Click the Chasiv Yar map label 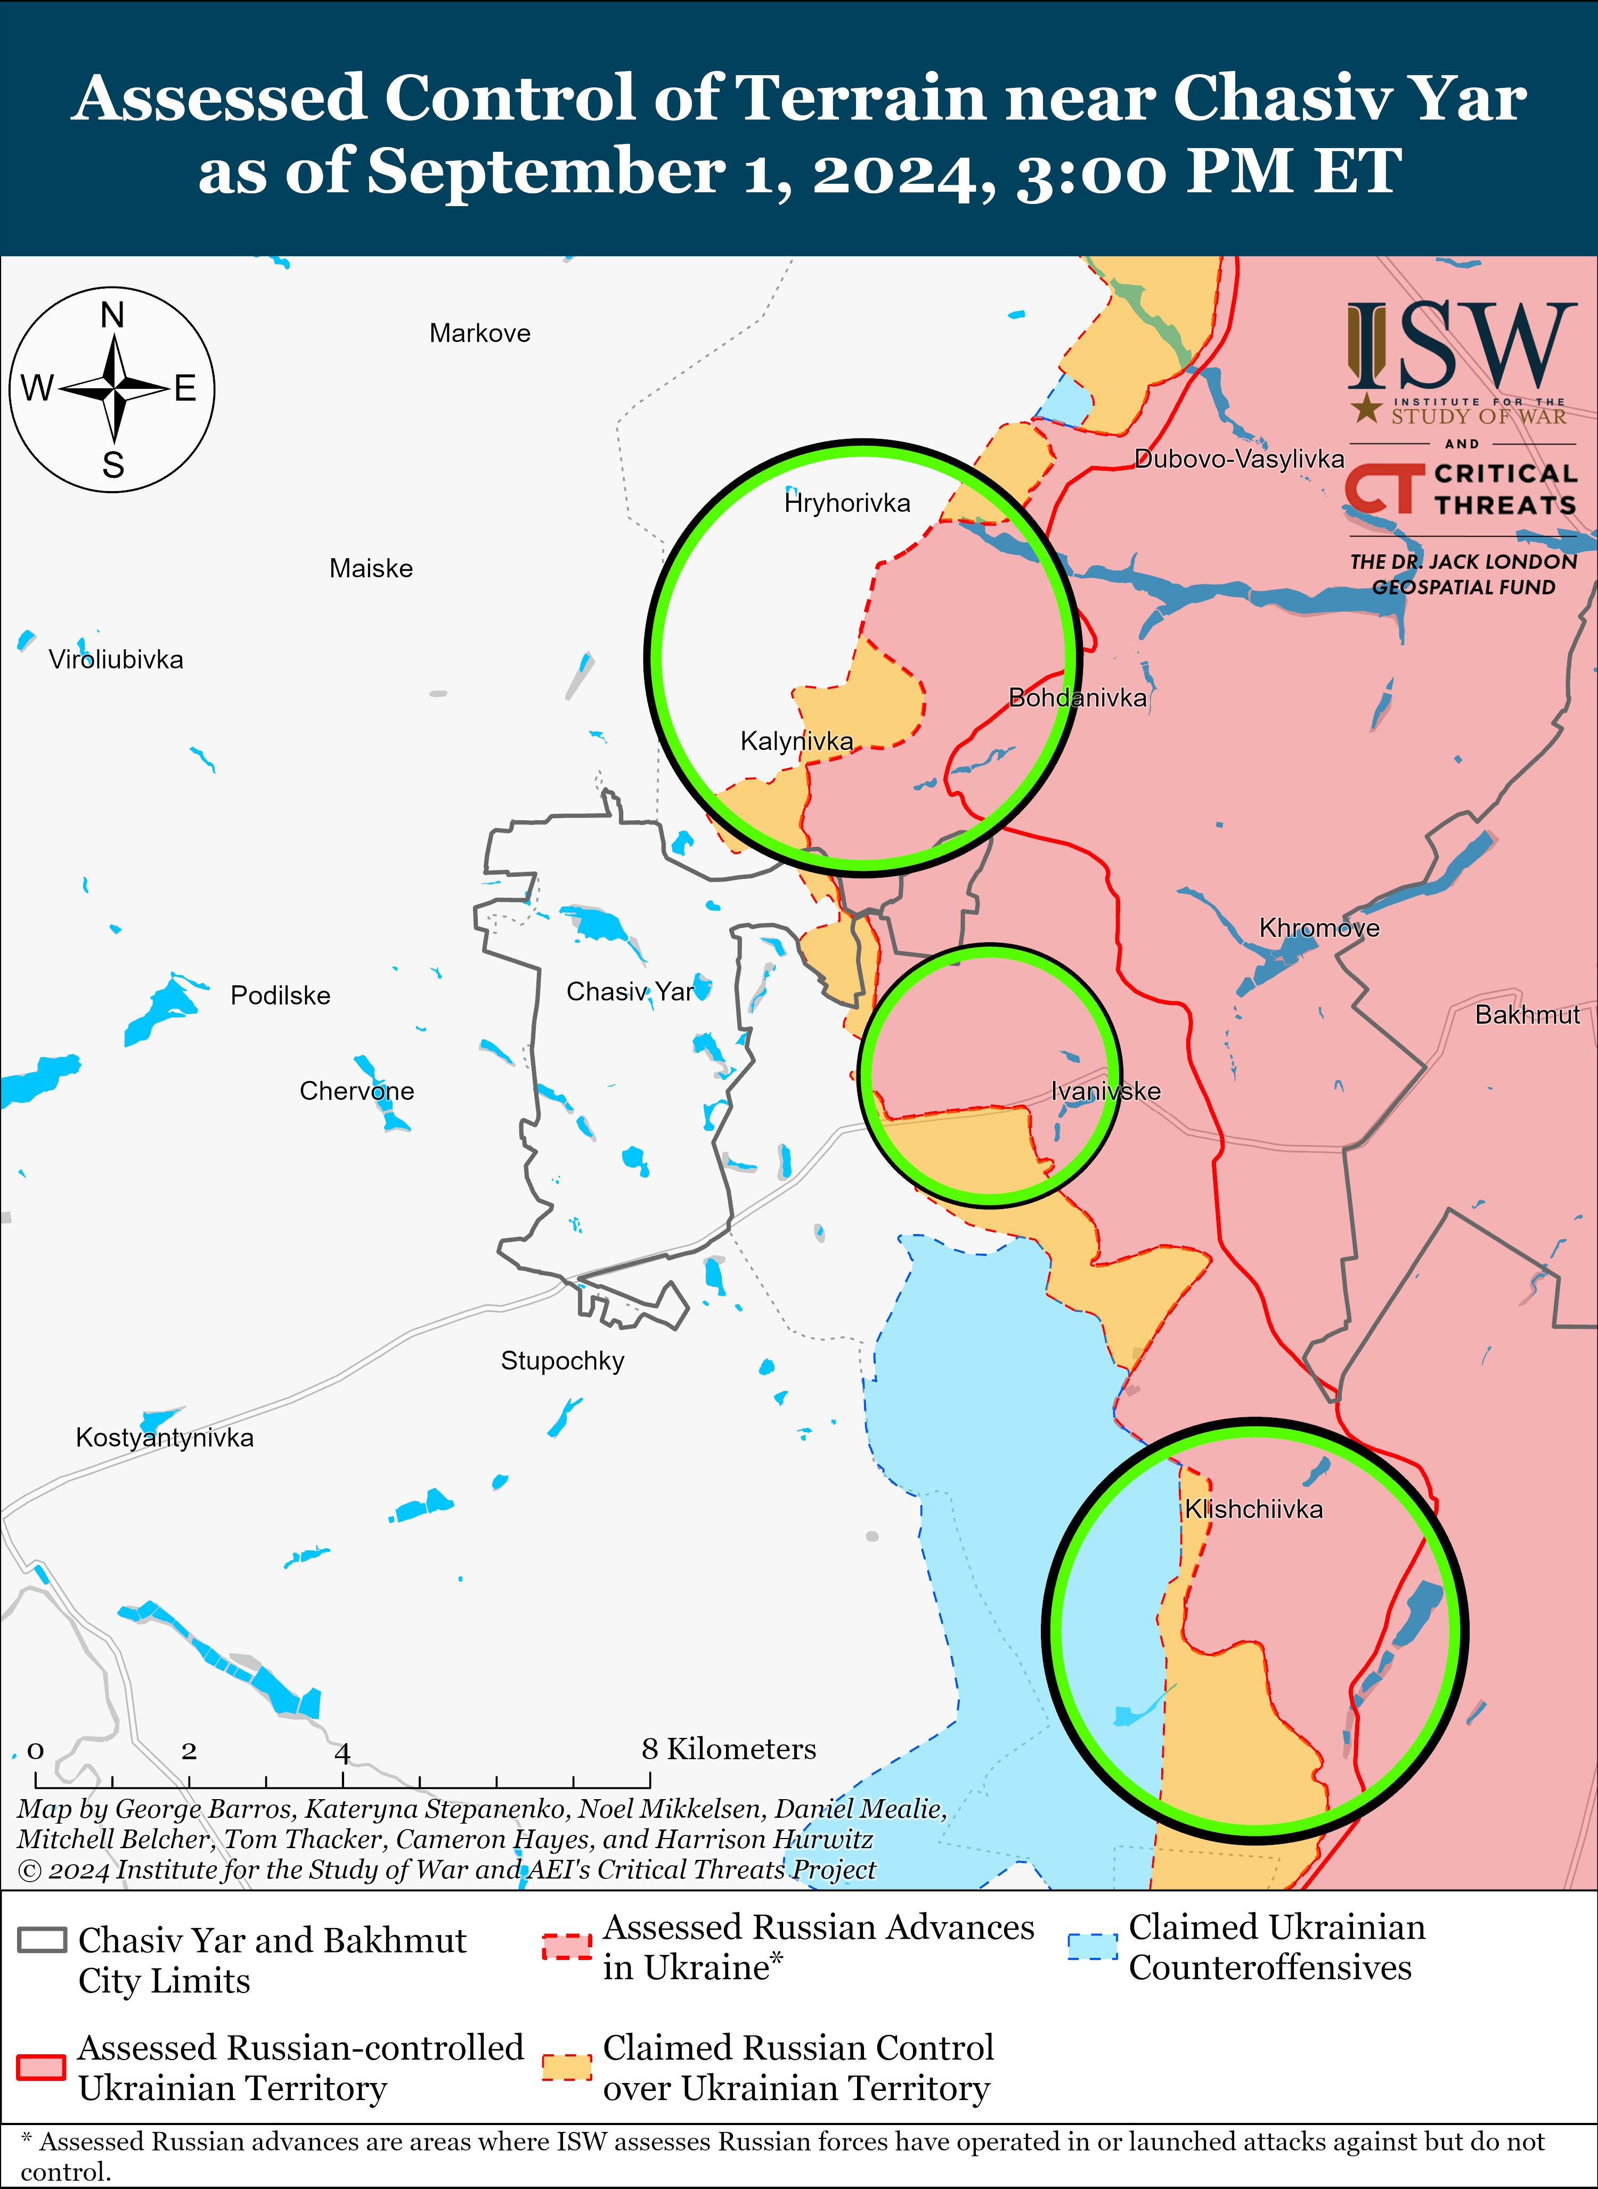tap(630, 992)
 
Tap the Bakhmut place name tap(1527, 1015)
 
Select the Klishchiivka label tap(1254, 1509)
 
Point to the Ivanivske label tap(1106, 1091)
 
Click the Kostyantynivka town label tap(165, 1437)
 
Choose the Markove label tap(480, 334)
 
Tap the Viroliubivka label tap(116, 660)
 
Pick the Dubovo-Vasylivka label tap(1239, 459)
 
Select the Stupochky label tap(562, 1361)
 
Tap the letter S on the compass tap(113, 466)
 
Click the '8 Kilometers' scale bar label tap(728, 1749)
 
